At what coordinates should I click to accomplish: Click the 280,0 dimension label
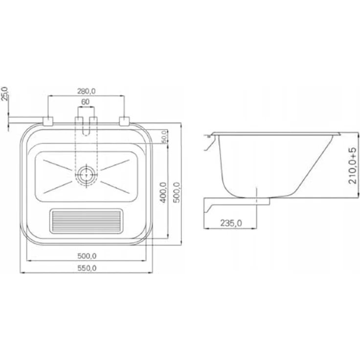(x=86, y=91)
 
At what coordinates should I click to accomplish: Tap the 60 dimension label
(x=86, y=102)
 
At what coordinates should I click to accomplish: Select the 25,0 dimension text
(x=4, y=94)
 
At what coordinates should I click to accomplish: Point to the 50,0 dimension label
(x=164, y=136)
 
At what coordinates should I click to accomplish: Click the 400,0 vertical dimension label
(x=163, y=192)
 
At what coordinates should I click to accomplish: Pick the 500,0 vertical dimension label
(x=177, y=192)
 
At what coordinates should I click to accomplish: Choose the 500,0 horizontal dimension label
(x=87, y=256)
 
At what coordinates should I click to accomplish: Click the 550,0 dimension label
(x=87, y=268)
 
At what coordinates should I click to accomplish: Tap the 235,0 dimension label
(x=231, y=223)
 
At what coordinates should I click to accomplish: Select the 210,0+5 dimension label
(x=353, y=165)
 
